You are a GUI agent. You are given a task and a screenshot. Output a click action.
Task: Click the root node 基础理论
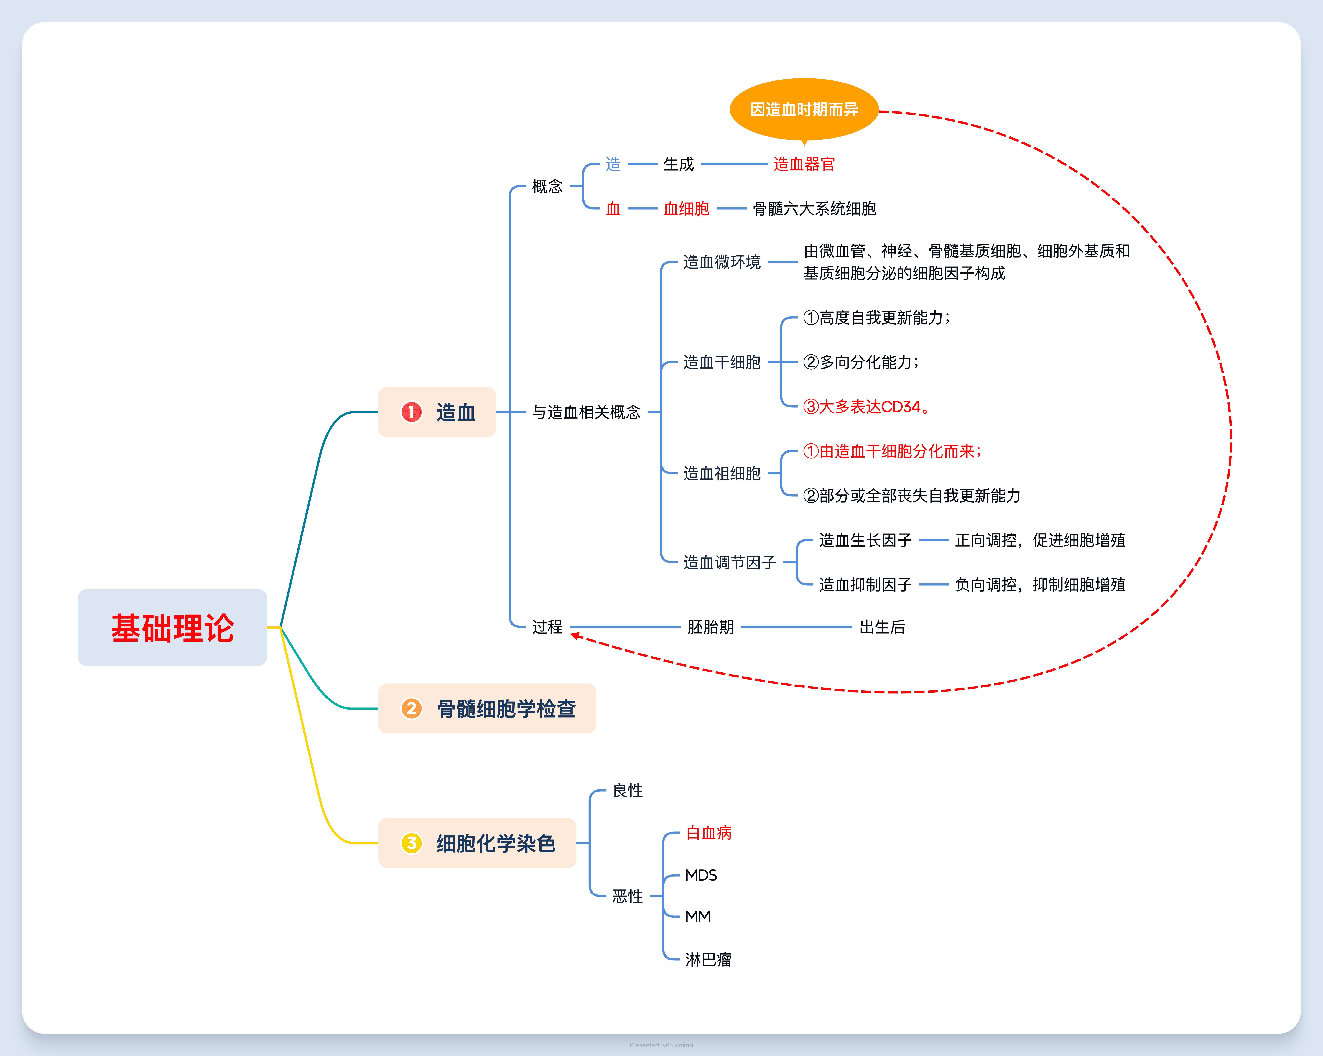click(x=172, y=628)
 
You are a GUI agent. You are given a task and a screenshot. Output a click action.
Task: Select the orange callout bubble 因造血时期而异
click(x=804, y=109)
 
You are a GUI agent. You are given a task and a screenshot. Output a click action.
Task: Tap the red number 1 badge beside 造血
click(x=411, y=412)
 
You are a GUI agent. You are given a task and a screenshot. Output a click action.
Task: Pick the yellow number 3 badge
click(x=411, y=843)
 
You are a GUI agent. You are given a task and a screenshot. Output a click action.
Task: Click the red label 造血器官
click(x=804, y=165)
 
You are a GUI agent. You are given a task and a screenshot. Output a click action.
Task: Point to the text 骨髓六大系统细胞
click(x=814, y=209)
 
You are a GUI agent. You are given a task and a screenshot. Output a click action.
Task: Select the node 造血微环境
click(x=722, y=262)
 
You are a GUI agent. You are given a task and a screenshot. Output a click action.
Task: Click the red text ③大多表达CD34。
click(x=865, y=407)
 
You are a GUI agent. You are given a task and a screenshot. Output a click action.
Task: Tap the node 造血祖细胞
click(x=722, y=473)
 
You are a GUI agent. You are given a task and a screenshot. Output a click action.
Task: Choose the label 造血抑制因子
click(x=865, y=585)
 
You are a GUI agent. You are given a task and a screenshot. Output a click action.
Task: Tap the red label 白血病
click(x=709, y=833)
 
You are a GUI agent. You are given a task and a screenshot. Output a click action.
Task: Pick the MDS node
click(x=701, y=875)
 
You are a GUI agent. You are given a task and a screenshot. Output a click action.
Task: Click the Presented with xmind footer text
click(x=661, y=1045)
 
